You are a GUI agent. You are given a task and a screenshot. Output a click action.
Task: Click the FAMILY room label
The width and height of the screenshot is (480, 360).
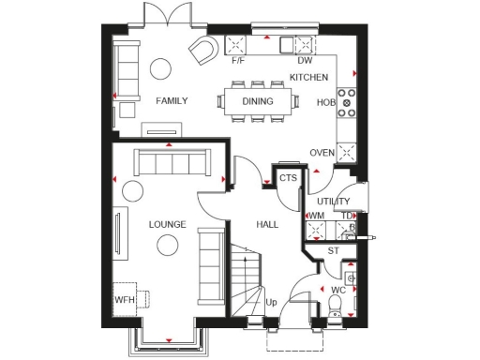point(172,100)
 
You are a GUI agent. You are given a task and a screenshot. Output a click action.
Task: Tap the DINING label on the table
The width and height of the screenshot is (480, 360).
point(257,100)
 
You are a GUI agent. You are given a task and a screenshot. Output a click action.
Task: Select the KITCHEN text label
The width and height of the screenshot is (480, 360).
point(308,76)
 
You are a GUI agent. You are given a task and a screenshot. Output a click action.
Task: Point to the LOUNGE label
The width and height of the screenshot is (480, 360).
point(167,225)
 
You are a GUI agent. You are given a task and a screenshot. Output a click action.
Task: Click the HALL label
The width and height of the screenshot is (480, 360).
point(268,225)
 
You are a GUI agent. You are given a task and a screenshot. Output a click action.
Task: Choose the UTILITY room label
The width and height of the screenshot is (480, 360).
point(333,201)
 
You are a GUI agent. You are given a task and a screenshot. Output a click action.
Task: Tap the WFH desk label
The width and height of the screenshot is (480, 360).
point(125,300)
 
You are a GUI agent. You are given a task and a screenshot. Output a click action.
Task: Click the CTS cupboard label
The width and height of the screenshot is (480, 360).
point(287,177)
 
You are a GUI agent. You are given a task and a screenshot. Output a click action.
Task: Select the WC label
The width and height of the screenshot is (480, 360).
point(339,291)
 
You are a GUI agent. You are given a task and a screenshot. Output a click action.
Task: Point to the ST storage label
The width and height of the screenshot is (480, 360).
point(333,251)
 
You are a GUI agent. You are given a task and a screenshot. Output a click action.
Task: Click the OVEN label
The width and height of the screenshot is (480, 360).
point(322,153)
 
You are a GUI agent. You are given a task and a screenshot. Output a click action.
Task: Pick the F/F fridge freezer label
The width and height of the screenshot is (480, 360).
point(237,61)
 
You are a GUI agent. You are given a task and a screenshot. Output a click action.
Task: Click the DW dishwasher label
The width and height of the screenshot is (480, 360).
point(304,61)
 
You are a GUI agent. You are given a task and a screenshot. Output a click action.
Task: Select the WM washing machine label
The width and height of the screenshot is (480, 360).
point(316,217)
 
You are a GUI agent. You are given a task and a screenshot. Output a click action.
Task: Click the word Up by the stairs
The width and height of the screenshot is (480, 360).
point(271,302)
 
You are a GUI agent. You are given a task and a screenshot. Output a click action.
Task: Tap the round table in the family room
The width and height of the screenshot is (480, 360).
point(161,68)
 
